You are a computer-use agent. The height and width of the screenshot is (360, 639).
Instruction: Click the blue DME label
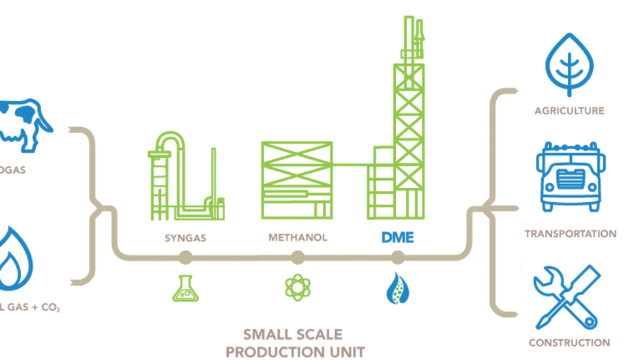pos(397,237)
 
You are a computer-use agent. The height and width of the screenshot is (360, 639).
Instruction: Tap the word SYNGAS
pos(185,238)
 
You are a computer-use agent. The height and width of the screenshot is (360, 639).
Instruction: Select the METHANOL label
pos(297,237)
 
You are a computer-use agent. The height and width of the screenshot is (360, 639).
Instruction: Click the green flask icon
pos(185,288)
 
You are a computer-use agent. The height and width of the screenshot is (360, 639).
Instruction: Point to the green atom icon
pos(297,287)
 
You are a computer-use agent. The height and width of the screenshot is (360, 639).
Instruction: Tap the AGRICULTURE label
pos(569,111)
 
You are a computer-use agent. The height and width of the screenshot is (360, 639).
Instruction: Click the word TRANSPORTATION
pos(570,233)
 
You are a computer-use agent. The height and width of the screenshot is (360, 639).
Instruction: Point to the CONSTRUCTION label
pos(569,342)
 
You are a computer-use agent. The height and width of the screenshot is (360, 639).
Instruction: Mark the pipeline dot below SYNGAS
pos(185,258)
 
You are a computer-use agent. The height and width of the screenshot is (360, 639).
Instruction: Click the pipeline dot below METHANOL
pos(297,258)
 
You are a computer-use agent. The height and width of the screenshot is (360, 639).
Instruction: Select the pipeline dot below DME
pos(397,258)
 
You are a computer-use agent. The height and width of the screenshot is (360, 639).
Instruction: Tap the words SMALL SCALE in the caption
pos(292,335)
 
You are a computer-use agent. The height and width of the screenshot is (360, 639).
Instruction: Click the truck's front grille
pos(570,177)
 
